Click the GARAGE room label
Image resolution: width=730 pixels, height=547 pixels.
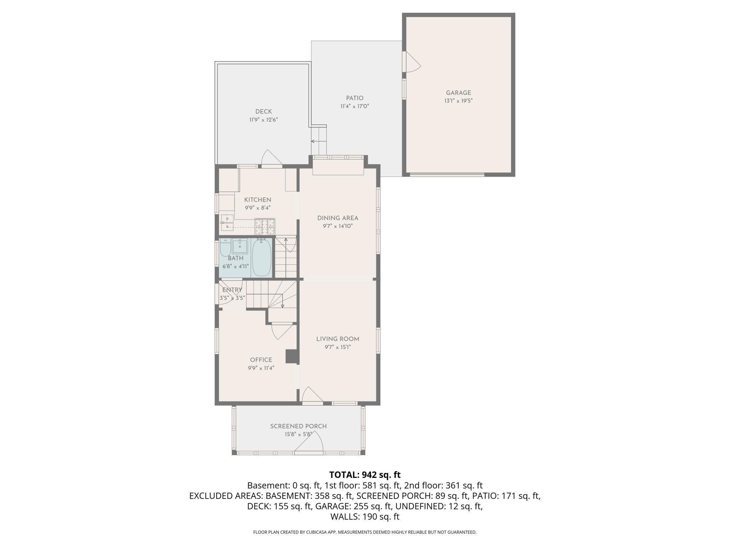pos(458,93)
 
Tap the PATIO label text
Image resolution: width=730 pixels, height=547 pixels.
pos(354,98)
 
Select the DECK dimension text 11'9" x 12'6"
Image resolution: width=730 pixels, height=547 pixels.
pos(264,120)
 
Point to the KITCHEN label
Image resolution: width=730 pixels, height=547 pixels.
pos(258,200)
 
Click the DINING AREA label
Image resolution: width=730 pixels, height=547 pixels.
pos(338,218)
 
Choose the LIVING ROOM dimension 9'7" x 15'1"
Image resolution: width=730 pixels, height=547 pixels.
pos(338,347)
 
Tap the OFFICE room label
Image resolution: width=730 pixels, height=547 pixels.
pos(261,360)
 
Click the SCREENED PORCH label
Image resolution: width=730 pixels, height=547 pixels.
pos(298,426)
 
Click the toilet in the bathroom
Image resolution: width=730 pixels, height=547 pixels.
pos(225,248)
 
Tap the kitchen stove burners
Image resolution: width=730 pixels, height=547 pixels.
pos(265,226)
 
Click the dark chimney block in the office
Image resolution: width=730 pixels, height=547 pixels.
pos(292,356)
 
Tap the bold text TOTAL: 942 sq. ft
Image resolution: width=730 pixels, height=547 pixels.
pos(365,475)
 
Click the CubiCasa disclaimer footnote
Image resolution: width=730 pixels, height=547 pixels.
pos(365,532)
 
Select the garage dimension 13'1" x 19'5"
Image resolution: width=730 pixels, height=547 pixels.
pos(458,101)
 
